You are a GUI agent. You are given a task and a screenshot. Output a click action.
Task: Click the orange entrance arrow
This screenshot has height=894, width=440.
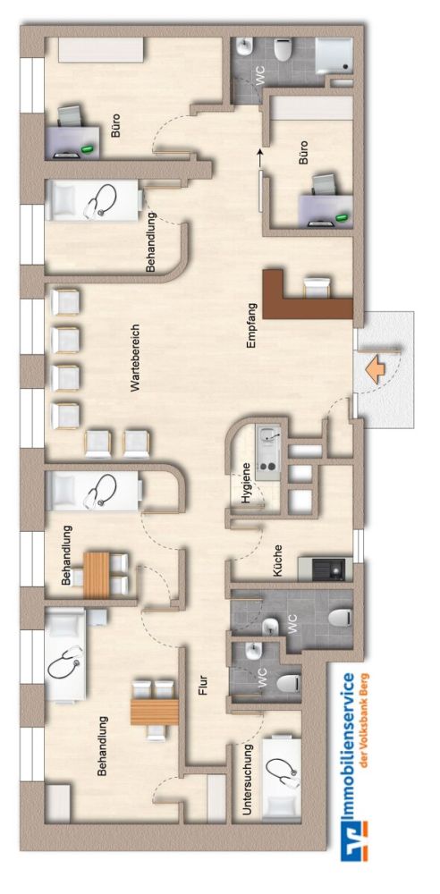[x=375, y=369]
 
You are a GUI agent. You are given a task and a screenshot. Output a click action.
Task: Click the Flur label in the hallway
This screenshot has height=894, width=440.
[x=204, y=685]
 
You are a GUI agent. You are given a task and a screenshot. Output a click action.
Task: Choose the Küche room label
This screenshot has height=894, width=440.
[x=278, y=560]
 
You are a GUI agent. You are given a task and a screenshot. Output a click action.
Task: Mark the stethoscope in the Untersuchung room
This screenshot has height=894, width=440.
[x=283, y=769]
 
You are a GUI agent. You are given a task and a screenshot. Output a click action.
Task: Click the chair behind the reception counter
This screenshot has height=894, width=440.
[x=317, y=287]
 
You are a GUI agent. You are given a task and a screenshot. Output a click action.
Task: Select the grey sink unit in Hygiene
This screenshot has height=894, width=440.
[x=267, y=453]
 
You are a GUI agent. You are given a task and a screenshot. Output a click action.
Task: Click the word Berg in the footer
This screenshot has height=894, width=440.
[x=365, y=685]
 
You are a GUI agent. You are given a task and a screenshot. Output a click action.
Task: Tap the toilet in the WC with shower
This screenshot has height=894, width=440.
[x=282, y=49]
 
